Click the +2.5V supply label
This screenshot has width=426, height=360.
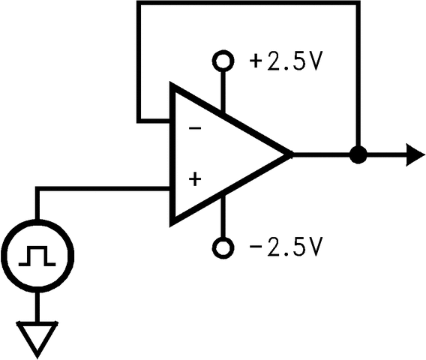(x=284, y=61)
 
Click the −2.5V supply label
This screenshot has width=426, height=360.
(x=284, y=246)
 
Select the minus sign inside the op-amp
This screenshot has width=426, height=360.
(x=195, y=128)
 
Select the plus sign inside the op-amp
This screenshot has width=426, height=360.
(x=195, y=179)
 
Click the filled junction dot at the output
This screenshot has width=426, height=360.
(x=358, y=155)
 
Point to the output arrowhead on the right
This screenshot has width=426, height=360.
(x=415, y=155)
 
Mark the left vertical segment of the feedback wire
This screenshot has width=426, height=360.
(x=139, y=60)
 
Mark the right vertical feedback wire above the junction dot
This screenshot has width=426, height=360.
(x=358, y=75)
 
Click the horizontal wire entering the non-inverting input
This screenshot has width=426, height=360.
(x=105, y=189)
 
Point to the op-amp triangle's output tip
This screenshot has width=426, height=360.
(x=289, y=155)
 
